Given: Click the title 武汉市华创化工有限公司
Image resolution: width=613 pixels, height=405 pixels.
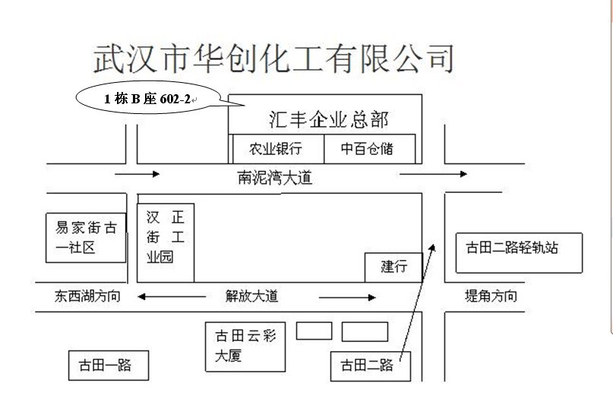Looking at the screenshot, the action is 273,59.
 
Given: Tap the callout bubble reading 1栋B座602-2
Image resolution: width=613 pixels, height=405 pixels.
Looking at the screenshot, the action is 148,98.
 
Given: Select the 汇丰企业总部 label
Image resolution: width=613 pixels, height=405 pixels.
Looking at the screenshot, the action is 328,119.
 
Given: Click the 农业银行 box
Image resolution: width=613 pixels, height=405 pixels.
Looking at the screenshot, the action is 278,149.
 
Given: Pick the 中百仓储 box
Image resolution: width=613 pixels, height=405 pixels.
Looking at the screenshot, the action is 369,149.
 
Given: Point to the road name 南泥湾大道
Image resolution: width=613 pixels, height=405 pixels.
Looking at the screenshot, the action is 274,178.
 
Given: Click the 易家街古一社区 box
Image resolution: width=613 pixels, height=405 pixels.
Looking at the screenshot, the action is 86,238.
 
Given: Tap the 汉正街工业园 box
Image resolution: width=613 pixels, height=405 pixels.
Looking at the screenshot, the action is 166,242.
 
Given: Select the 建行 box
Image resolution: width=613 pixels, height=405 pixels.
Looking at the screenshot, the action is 393,267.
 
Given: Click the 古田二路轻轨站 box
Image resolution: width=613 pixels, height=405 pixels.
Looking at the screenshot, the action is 519,252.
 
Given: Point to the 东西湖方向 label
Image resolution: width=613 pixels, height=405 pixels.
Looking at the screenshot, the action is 87,296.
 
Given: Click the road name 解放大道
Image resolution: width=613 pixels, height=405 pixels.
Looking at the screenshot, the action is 251,296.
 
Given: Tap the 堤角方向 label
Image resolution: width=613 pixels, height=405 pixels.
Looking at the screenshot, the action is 491,296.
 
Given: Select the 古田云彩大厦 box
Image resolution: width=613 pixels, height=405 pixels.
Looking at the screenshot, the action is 245,346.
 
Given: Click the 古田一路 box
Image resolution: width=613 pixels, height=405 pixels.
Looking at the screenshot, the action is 109,365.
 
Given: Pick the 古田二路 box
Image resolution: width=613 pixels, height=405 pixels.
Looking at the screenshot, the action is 371,366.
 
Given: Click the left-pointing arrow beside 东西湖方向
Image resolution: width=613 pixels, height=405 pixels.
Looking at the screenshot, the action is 172,296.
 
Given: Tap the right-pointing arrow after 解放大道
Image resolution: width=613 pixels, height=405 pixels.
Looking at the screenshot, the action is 348,298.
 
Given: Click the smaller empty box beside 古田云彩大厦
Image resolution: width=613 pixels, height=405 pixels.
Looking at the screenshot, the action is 314,331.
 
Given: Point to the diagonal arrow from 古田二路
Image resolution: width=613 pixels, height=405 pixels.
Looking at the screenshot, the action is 417,302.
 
